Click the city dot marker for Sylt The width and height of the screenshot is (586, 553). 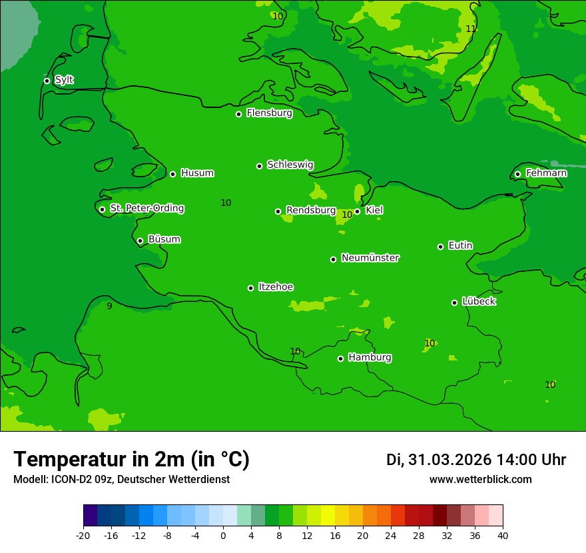[x=47, y=81]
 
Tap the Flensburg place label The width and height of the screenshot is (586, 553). [x=269, y=113]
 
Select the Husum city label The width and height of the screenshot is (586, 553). [x=197, y=173]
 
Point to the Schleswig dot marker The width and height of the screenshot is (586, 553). [x=259, y=166]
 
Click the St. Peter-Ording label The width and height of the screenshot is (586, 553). [x=146, y=209]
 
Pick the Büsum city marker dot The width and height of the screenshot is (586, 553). [x=140, y=241]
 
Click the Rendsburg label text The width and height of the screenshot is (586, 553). [x=311, y=211]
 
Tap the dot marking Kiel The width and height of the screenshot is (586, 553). [x=357, y=211]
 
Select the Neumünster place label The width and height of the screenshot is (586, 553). [x=370, y=258]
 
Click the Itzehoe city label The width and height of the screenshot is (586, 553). [x=276, y=287]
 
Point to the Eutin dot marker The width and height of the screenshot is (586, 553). [x=440, y=247]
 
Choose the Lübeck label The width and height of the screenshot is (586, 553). [x=479, y=302]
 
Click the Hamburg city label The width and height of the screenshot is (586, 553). [x=370, y=358]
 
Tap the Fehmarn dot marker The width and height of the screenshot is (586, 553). [x=517, y=174]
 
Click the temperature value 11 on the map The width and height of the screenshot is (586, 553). [x=471, y=29]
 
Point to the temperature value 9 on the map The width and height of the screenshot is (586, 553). [x=109, y=306]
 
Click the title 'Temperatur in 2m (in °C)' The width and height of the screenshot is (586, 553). [x=131, y=459]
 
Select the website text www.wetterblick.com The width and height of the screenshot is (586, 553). [x=480, y=480]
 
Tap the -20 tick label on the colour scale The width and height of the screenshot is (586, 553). [x=83, y=535]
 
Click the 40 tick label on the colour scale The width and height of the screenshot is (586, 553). [x=503, y=535]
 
